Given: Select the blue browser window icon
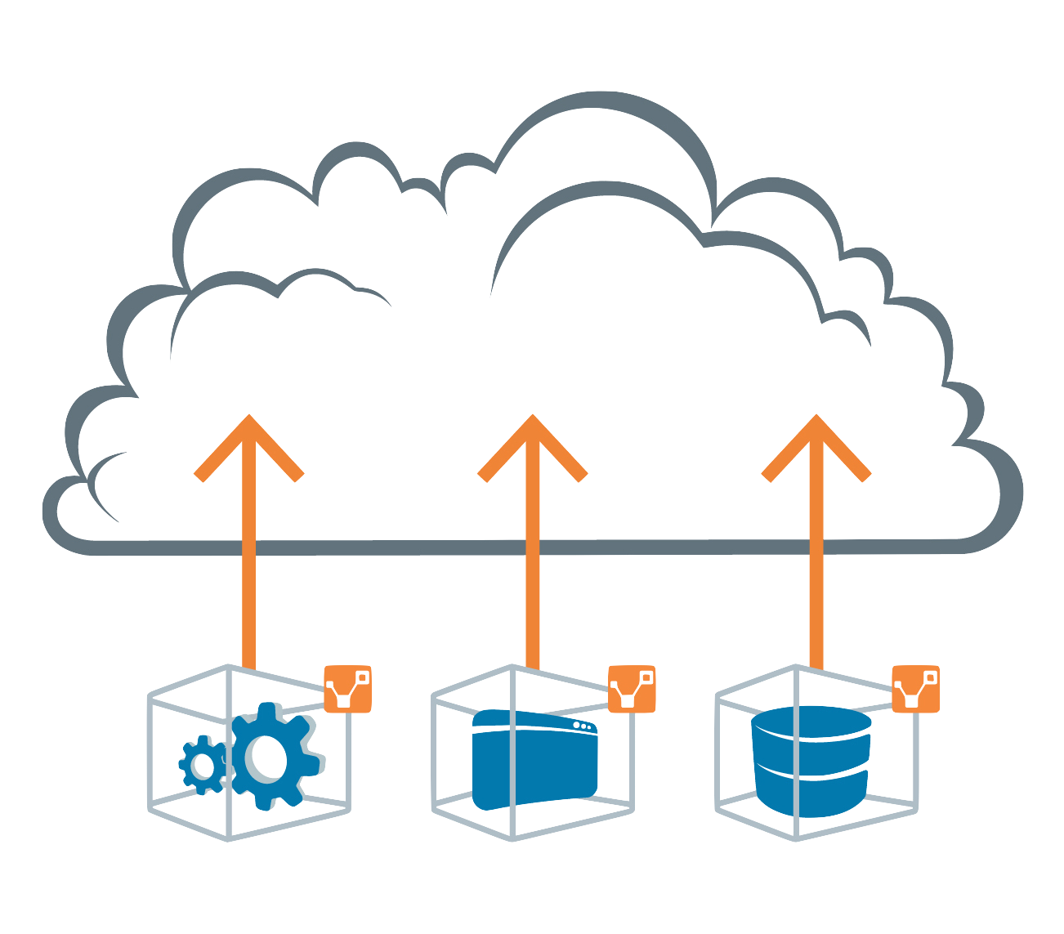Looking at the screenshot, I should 535,760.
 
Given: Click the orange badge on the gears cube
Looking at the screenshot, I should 348,689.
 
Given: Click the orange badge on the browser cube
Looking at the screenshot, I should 632,689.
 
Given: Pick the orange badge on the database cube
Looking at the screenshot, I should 915,689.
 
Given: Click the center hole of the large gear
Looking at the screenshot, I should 268,757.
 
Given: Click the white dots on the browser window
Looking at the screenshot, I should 581,725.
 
